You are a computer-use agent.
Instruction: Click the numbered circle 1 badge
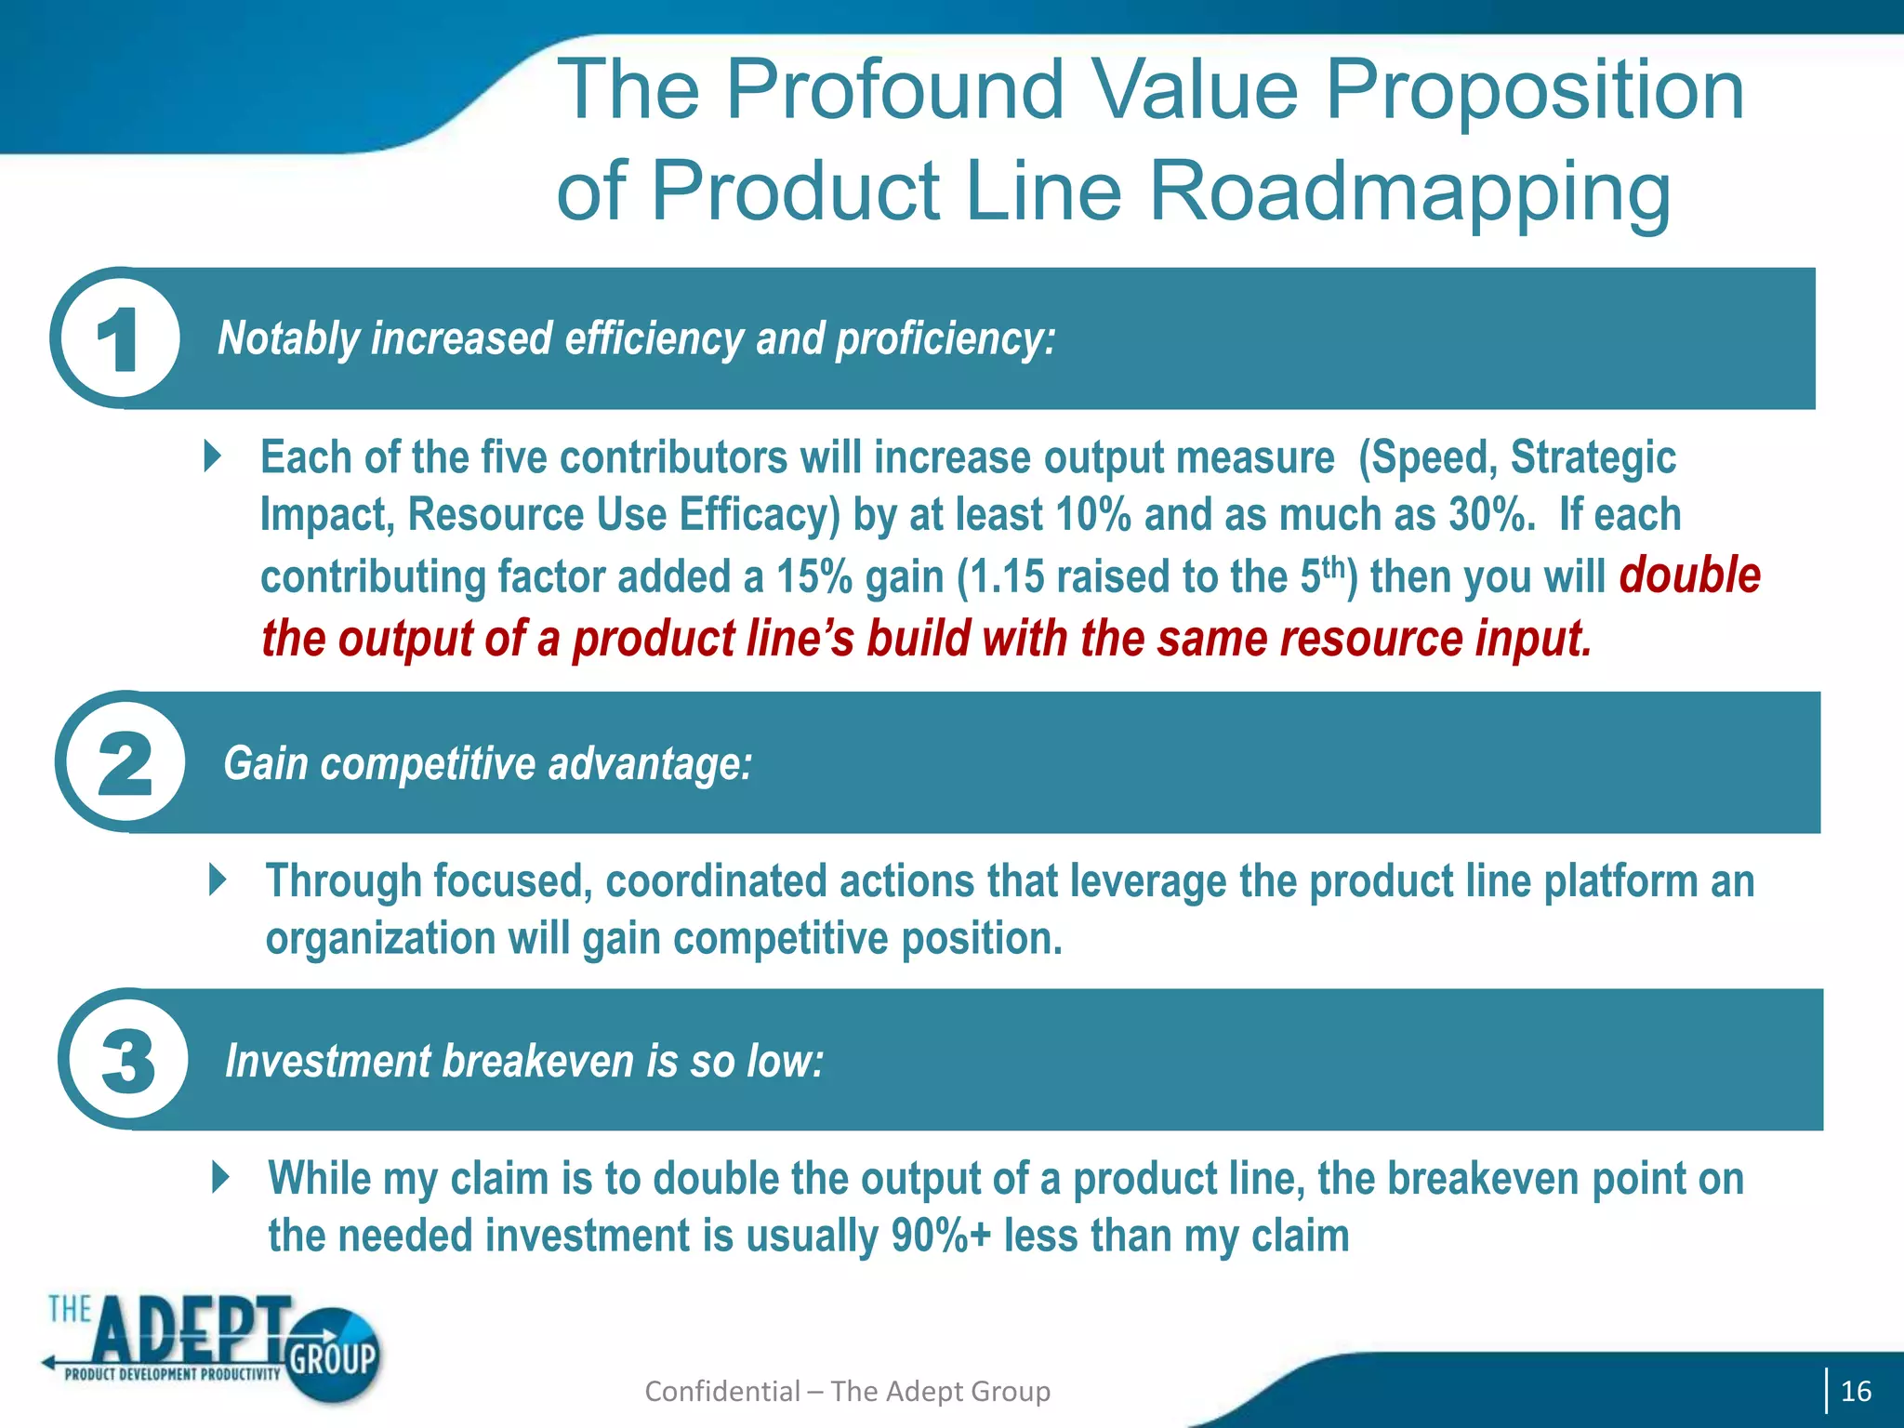[116, 339]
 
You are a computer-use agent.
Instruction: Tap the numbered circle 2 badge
[122, 763]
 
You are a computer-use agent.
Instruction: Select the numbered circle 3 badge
[126, 1061]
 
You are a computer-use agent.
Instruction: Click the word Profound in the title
[893, 90]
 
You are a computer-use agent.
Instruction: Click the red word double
[1689, 575]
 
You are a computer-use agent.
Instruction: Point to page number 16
[1856, 1391]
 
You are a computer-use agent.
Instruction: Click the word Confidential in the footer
[721, 1391]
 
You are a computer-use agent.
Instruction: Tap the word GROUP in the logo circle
[332, 1359]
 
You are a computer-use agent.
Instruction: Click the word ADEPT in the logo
[191, 1329]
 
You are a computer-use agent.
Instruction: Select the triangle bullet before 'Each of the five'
[213, 456]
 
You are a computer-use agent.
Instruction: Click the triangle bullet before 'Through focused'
[218, 879]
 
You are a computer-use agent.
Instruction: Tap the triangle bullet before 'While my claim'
[220, 1177]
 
